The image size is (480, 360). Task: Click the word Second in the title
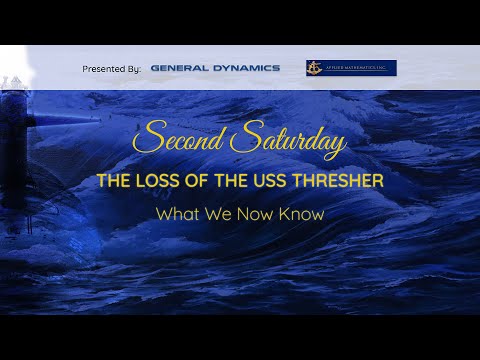(180, 140)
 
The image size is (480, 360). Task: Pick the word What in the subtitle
(174, 213)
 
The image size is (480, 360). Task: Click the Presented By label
(111, 68)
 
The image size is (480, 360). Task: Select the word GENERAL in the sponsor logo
(180, 68)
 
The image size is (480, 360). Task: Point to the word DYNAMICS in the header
(246, 68)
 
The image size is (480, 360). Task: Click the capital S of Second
(146, 138)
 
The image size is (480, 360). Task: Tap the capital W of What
(163, 213)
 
